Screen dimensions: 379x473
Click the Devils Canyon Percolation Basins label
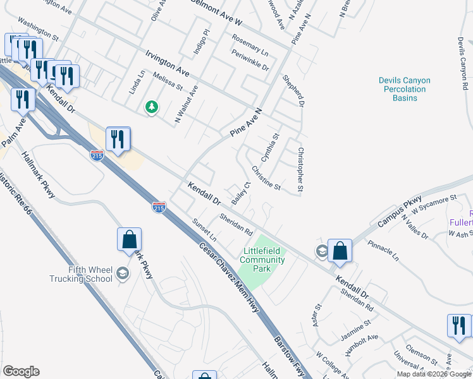pos(404,89)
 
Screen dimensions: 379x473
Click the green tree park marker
pos(151,107)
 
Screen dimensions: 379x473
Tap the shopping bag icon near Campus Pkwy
pos(340,251)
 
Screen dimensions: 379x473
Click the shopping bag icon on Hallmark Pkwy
pos(129,239)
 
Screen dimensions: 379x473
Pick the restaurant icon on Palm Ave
pos(22,100)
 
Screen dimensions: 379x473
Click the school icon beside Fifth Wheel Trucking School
pos(123,274)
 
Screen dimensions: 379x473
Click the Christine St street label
pos(266,177)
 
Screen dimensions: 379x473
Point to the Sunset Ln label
pos(204,231)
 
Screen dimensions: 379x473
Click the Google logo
pos(21,371)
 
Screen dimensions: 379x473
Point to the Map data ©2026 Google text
pos(434,374)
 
